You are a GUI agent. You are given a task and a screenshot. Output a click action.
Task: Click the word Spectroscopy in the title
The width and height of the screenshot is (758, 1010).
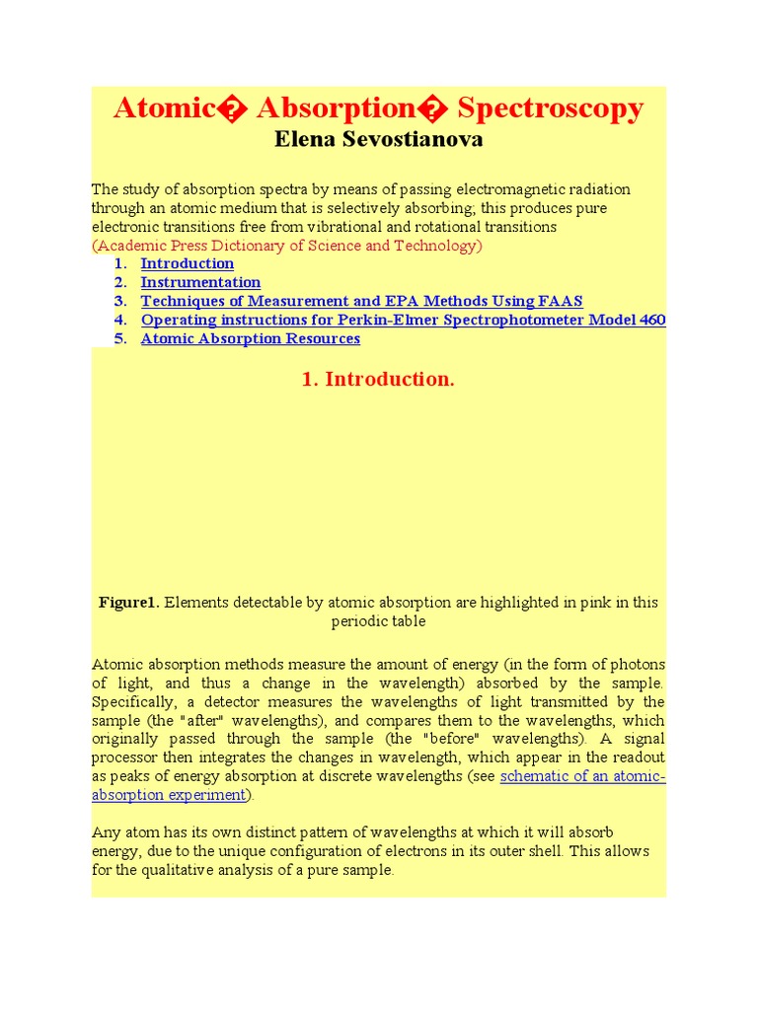[x=551, y=108]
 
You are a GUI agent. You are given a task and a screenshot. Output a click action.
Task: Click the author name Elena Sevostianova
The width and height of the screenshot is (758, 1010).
[x=379, y=139]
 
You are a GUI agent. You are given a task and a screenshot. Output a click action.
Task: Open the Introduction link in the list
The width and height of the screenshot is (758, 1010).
[x=188, y=263]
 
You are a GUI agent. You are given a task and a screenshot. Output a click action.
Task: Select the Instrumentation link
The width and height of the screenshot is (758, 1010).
[x=200, y=282]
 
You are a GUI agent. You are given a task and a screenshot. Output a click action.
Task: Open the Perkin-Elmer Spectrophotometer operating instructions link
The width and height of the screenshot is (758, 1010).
[x=403, y=320]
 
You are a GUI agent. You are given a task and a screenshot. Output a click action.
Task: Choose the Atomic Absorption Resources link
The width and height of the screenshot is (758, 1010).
[x=251, y=338]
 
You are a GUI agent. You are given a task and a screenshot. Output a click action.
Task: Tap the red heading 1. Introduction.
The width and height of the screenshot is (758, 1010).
[x=376, y=380]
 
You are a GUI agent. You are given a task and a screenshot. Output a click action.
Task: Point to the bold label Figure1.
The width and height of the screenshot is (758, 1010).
[x=128, y=603]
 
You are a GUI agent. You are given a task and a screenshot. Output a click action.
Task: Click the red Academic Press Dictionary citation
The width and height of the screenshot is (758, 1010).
[x=287, y=246]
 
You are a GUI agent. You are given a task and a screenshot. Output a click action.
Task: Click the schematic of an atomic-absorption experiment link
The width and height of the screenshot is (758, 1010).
[x=582, y=776]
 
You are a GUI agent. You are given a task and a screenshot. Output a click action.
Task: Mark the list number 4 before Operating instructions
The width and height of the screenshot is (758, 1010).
[x=120, y=320]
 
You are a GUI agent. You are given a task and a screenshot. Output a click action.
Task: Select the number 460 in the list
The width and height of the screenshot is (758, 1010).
[x=651, y=320]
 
